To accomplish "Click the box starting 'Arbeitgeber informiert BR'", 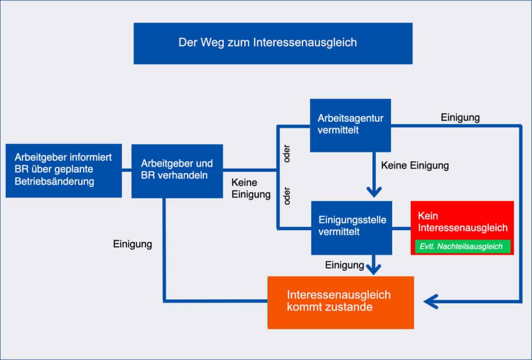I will click(x=64, y=170).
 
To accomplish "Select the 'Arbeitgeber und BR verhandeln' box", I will click(x=177, y=171).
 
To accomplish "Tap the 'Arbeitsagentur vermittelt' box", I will click(x=350, y=125).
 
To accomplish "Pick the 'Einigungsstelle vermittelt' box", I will click(x=352, y=228).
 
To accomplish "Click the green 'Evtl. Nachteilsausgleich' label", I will click(x=461, y=246).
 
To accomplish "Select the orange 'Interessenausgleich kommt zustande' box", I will click(x=340, y=302).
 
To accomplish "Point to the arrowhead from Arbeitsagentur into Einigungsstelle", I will click(x=374, y=192).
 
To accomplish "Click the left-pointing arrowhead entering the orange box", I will click(x=431, y=301).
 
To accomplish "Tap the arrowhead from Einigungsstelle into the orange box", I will click(x=374, y=269).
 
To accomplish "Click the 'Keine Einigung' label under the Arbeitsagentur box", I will click(x=415, y=165).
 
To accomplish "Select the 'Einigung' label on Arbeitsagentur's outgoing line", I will click(x=460, y=118).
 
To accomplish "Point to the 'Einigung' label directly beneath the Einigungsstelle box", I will click(x=344, y=265).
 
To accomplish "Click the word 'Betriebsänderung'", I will click(x=55, y=182).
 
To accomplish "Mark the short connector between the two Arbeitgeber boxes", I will click(x=127, y=170).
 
